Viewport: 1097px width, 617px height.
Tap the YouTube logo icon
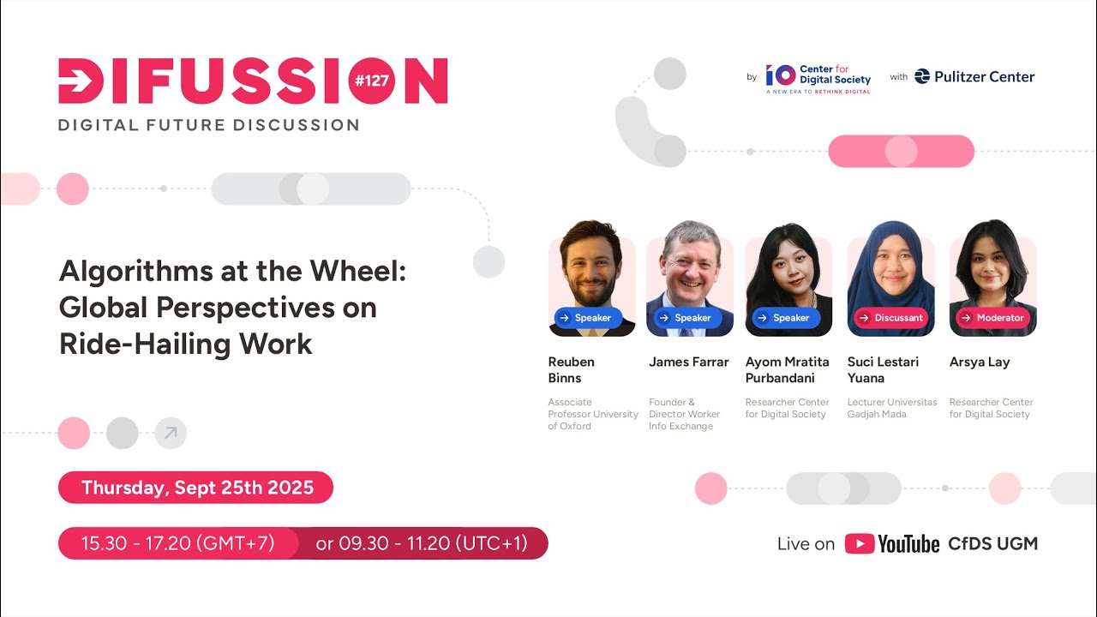pos(860,544)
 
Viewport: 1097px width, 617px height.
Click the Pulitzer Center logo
pos(974,76)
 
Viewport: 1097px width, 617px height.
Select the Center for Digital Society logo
pos(818,78)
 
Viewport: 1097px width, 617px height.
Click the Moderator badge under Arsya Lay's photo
pos(992,318)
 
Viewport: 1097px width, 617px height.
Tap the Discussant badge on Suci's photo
pos(890,318)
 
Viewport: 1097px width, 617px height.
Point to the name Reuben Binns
pos(571,369)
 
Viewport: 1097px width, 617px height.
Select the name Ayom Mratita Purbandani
pos(787,369)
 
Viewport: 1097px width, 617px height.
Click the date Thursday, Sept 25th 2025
pos(196,488)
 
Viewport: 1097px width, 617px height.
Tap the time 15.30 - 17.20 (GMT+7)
pos(177,543)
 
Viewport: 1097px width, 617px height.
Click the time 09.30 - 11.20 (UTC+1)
pos(421,543)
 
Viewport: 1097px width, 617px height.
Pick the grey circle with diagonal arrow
pos(171,433)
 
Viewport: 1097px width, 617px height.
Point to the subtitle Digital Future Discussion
pos(208,125)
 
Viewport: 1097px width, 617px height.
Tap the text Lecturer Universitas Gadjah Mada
pos(892,408)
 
